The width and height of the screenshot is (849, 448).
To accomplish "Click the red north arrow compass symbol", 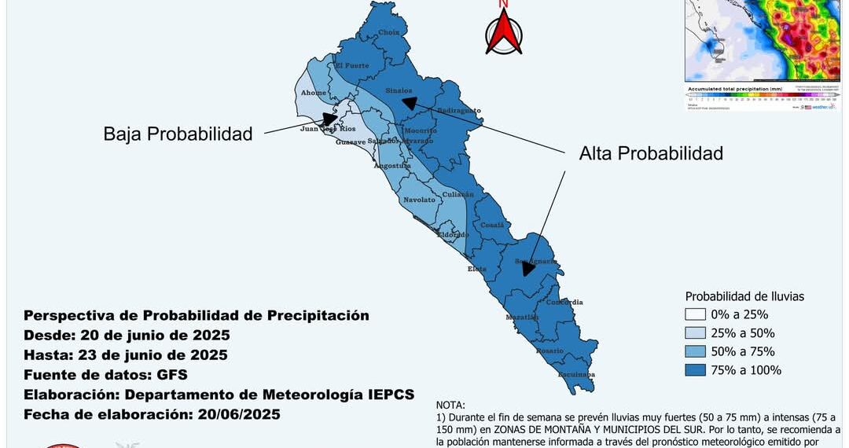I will click(x=504, y=31).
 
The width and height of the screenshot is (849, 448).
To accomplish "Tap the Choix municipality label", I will click(x=389, y=32).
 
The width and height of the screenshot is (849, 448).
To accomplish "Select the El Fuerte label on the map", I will click(x=352, y=66).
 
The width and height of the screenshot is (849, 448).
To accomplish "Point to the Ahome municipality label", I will click(x=314, y=93).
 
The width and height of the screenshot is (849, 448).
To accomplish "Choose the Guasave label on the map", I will click(x=351, y=142).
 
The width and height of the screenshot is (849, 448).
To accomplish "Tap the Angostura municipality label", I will click(x=392, y=166).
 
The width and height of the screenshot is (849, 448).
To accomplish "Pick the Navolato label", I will click(x=419, y=200).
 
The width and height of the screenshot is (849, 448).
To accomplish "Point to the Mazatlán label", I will click(x=522, y=317).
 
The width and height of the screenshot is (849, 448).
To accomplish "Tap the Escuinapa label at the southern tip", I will click(x=576, y=374).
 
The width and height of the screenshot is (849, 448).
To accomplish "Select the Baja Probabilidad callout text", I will click(x=178, y=134).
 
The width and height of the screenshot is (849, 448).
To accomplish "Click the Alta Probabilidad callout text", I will click(x=651, y=153).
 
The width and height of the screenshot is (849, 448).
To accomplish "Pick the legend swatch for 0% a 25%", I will click(x=695, y=314).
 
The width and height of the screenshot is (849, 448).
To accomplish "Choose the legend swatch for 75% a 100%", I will click(x=695, y=369).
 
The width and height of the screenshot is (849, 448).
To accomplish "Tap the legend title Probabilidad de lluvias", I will click(x=744, y=296).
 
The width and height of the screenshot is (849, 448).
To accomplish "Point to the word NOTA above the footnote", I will click(x=450, y=405).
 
